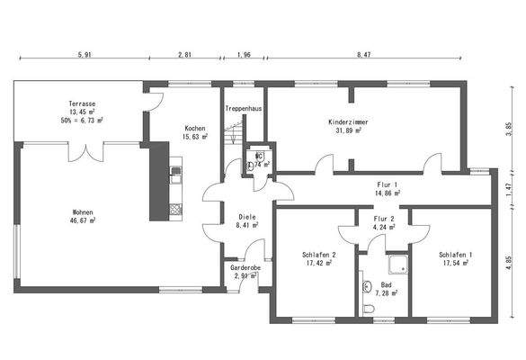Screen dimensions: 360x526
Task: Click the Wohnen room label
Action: click(83, 213)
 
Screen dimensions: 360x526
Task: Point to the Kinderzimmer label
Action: click(347, 121)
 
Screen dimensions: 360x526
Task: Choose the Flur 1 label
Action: click(388, 184)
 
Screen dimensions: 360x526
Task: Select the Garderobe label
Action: click(245, 267)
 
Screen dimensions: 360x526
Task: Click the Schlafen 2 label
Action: click(319, 256)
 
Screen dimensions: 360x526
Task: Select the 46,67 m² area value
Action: click(83, 222)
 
